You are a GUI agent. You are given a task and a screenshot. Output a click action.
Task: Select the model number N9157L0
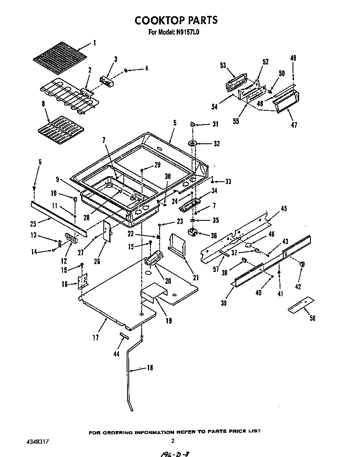coord(188,31)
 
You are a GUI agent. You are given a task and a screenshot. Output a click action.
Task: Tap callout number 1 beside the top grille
coord(95,42)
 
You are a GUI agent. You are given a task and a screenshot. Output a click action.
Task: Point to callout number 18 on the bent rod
coord(150,368)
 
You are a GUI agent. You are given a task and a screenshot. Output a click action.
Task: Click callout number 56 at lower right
coord(312,319)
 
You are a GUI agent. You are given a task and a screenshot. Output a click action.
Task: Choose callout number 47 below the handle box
coord(294,125)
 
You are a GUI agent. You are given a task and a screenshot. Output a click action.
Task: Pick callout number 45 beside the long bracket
coord(283,209)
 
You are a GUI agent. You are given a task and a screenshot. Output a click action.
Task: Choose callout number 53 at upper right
coord(223,65)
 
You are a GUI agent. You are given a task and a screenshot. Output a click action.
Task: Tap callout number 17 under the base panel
coord(95,338)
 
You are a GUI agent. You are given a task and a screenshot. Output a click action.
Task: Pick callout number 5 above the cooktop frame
coord(175,123)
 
